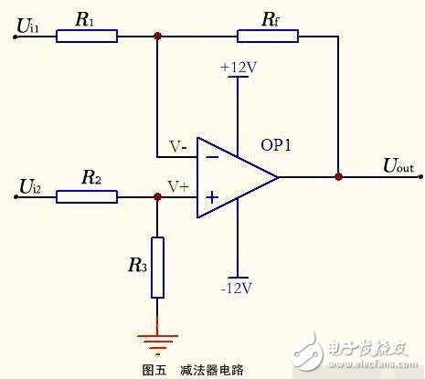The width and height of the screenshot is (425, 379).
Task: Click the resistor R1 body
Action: tap(86, 36)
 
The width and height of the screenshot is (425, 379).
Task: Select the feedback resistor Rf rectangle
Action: tap(268, 36)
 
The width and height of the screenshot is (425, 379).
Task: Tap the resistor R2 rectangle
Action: tap(86, 196)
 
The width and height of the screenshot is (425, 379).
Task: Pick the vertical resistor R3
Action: tap(158, 268)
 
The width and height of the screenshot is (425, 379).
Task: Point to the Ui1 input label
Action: tap(27, 29)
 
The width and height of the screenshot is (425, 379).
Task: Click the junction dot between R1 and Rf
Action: tap(158, 36)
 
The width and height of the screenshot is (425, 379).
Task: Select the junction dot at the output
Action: tap(339, 176)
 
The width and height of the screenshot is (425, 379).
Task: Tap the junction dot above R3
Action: tap(158, 196)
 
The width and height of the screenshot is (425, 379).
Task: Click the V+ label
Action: tap(177, 185)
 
